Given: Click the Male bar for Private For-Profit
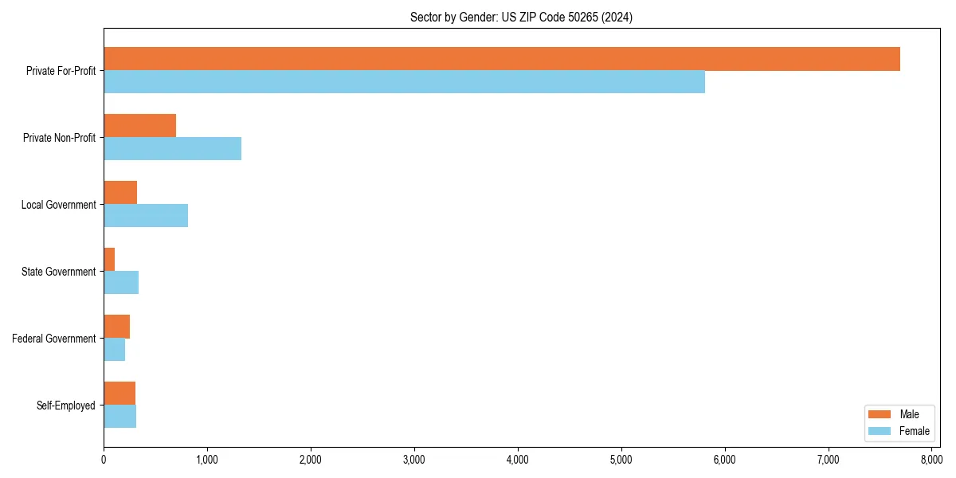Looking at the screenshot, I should coord(502,59).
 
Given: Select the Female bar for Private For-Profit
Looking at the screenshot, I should coord(404,81).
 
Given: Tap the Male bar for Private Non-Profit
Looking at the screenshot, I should coord(139,126).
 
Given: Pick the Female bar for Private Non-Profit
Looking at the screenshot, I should coord(172,148).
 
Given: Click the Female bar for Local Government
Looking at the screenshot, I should coord(146,215).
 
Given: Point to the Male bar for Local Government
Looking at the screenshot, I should coord(120,193).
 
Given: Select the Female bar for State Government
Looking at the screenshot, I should coord(121,282).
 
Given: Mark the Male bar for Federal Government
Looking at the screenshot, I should coord(116,327).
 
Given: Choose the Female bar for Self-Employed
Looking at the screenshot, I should coord(119,416).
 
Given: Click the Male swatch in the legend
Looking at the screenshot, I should coord(880,414).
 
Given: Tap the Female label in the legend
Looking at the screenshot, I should coord(915,431).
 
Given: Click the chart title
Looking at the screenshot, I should coord(521,17).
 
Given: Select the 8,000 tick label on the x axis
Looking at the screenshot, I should coord(931,459).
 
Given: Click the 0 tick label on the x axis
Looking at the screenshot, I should coord(104,459).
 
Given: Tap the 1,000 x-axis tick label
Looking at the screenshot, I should coord(207,459).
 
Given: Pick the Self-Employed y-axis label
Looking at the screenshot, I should coord(66,406).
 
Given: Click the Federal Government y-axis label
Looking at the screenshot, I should coord(54,339).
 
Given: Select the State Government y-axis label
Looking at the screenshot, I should coord(59,272).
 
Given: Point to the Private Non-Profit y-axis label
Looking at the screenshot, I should coord(60,138).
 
